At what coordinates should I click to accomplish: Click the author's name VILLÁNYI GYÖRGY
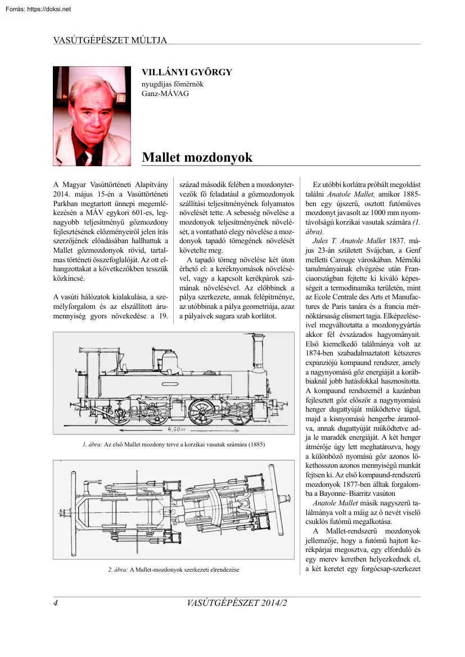point(187,72)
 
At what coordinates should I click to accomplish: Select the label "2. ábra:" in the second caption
point(119,569)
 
